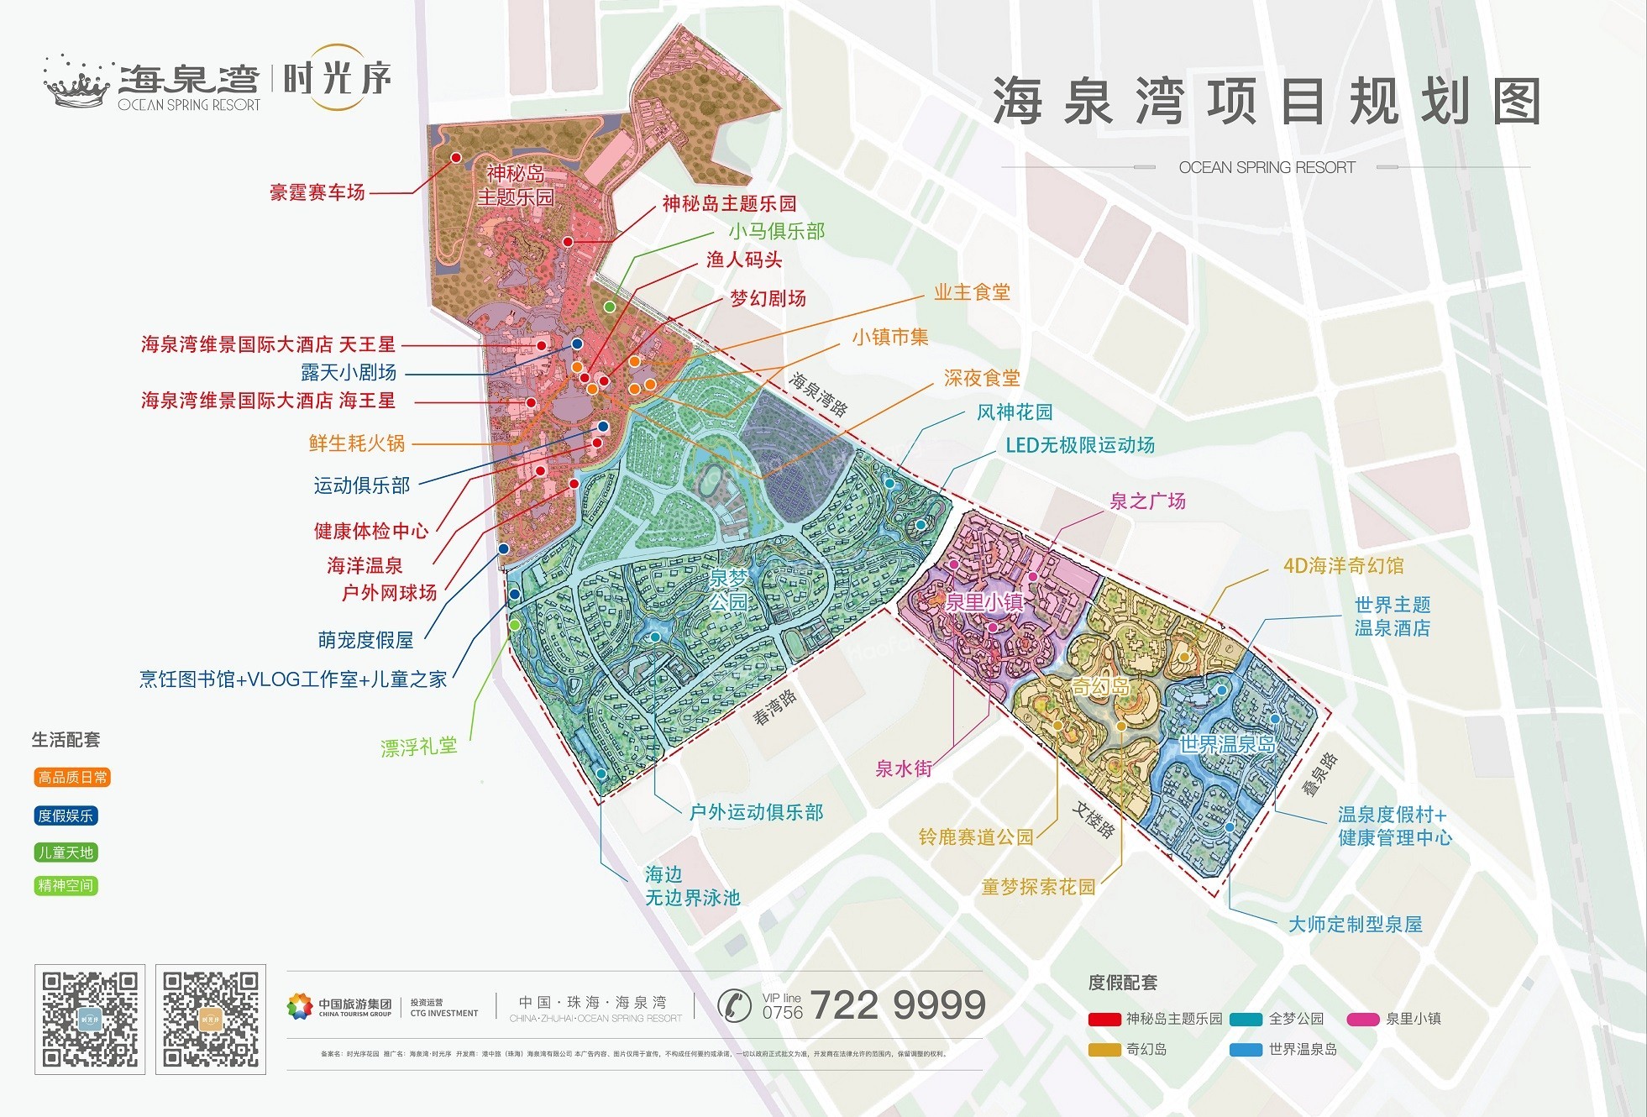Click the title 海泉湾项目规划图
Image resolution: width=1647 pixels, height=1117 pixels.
pos(1267,102)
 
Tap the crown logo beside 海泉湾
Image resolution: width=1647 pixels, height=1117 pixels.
pos(77,83)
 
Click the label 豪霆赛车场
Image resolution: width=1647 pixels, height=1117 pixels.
pos(317,192)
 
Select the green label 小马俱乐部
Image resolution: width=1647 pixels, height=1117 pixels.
pos(776,231)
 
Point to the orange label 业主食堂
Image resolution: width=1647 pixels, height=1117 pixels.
pos(972,292)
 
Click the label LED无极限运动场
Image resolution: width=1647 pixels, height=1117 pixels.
pos(1080,445)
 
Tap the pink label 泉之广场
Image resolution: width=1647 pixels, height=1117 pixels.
pos(1147,501)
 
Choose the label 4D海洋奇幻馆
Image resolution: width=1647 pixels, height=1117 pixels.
pos(1343,566)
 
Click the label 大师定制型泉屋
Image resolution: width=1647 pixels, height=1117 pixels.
pos(1355,925)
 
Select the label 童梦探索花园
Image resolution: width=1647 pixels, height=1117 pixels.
pos(1038,887)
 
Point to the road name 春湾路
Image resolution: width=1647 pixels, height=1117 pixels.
pos(774,707)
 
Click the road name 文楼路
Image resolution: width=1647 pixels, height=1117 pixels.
pos(1094,820)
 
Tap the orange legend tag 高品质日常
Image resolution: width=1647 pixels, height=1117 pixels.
pos(72,778)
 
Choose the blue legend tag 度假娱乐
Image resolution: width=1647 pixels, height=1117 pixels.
pos(66,815)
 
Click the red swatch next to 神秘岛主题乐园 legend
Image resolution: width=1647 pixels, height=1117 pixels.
pos(1104,1020)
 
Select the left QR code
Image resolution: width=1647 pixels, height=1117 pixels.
pos(90,1020)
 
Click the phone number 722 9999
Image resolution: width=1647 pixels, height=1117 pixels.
pos(897,1004)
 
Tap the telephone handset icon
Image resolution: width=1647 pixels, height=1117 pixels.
pos(734,1004)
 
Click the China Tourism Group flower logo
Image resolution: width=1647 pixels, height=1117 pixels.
pos(299,1006)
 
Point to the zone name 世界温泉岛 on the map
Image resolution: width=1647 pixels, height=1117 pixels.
pos(1226,744)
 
